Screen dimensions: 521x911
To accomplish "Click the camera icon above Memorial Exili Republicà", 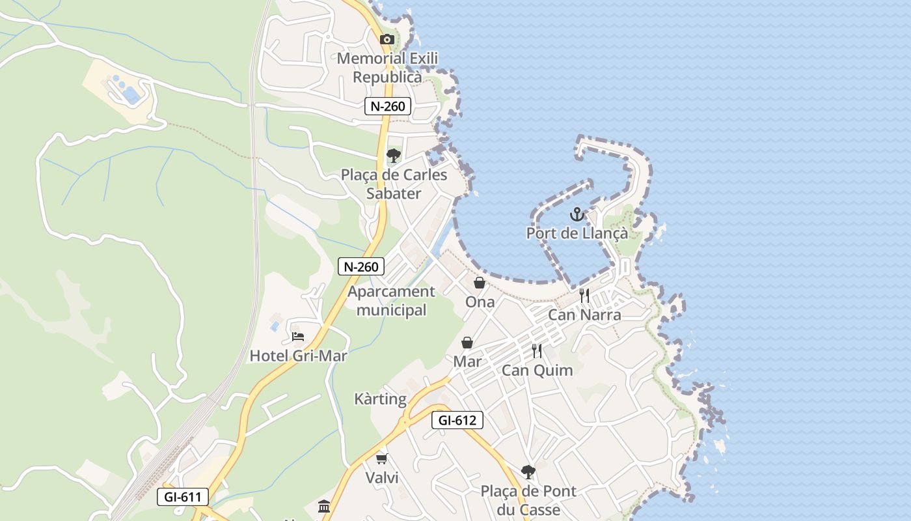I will pos(387,40).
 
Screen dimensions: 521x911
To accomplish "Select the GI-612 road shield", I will pos(457,420).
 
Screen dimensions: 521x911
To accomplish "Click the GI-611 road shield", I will pos(183,497).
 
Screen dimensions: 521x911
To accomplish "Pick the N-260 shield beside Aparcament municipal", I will pos(362,266).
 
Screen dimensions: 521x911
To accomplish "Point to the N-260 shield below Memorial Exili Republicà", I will pos(388,106).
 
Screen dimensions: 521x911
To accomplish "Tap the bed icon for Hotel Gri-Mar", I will pos(298,337).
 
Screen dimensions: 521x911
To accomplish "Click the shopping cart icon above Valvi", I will pos(382,458).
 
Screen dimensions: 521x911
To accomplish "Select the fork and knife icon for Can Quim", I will pos(537,351).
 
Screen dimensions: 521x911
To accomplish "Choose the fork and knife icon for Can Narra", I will pos(584,296).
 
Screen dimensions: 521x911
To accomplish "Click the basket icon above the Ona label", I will pos(480,283).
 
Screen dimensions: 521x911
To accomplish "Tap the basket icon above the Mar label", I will pos(467,343).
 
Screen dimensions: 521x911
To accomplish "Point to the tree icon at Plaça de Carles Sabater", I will pos(393,155).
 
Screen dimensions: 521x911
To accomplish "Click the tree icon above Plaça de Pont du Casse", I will pos(528,472).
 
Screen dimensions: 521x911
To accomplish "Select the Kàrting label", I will pos(381,399).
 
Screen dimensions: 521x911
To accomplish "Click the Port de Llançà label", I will pos(577,233).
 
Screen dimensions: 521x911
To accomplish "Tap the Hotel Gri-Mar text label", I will pos(299,356).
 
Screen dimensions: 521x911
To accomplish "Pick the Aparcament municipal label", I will pos(392,301).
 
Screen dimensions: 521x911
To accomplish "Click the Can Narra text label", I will pos(584,315).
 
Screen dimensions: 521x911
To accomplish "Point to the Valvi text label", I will pos(382,477).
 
